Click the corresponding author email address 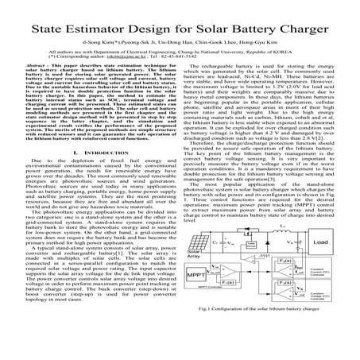(130, 58)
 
